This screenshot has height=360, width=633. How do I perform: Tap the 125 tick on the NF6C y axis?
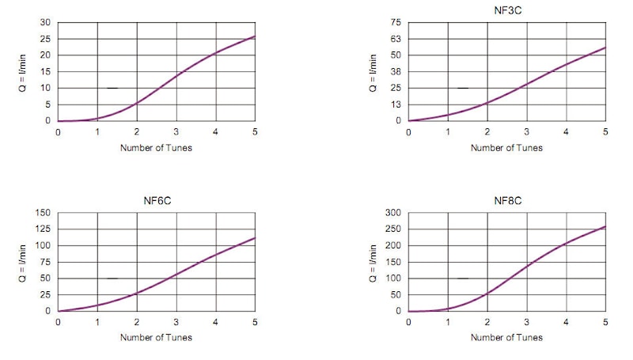click(x=43, y=229)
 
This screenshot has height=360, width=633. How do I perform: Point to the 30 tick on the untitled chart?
click(x=45, y=22)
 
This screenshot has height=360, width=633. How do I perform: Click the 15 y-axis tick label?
click(x=45, y=71)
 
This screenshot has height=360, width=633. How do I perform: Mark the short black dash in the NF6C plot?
click(x=112, y=279)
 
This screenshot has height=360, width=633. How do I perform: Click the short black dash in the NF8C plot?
click(x=463, y=279)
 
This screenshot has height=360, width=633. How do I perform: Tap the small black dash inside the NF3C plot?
click(x=463, y=88)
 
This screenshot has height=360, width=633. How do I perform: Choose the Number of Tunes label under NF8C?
click(x=506, y=338)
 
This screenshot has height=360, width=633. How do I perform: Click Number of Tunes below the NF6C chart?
click(x=156, y=338)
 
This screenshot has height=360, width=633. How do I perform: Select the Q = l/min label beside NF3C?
click(x=373, y=71)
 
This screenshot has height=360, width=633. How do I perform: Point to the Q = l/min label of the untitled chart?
click(x=23, y=71)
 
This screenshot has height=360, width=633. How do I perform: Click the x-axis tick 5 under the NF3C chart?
click(x=605, y=131)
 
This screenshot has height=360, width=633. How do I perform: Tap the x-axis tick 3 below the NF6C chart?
click(x=176, y=322)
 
